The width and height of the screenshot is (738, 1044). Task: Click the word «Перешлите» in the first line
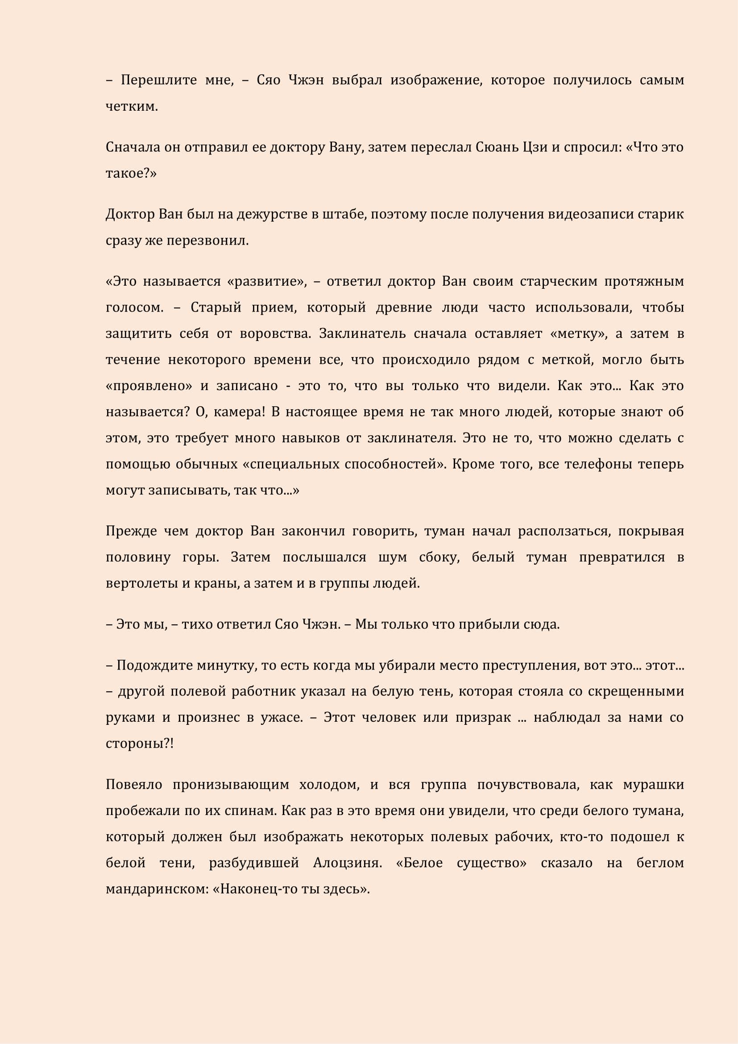pos(158,80)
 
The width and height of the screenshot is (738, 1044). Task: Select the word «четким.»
pos(132,106)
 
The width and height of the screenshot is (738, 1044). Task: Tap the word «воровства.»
pos(275,334)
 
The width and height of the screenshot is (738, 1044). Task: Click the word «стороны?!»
pos(140,744)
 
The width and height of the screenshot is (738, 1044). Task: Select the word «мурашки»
pos(653,784)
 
